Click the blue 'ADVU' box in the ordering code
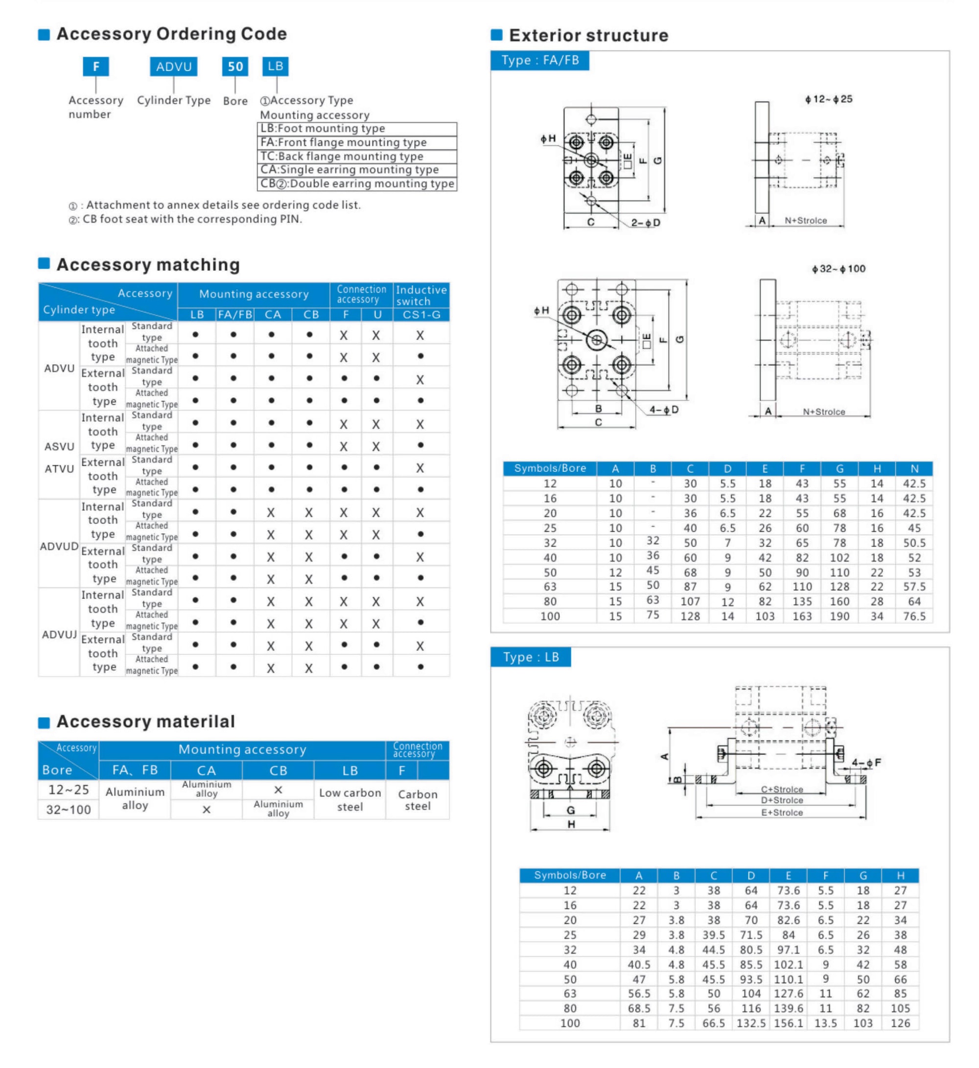pyautogui.click(x=173, y=67)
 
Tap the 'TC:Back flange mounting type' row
pyautogui.click(x=356, y=156)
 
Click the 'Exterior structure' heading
pyautogui.click(x=588, y=36)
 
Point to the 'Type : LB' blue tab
pyautogui.click(x=530, y=657)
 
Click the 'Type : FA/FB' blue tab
pyautogui.click(x=540, y=60)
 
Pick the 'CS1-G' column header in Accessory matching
pyautogui.click(x=421, y=315)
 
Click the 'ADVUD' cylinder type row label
pyautogui.click(x=59, y=546)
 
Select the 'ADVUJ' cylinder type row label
pyautogui.click(x=59, y=635)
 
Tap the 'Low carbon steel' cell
pyautogui.click(x=350, y=799)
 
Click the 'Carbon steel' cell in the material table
pyautogui.click(x=418, y=800)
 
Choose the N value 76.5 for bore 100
pyautogui.click(x=914, y=616)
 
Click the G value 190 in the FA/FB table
pyautogui.click(x=839, y=616)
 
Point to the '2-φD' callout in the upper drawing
pyautogui.click(x=645, y=223)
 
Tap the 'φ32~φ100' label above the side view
pyautogui.click(x=838, y=269)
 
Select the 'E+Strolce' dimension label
pyautogui.click(x=781, y=813)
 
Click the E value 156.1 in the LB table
pyautogui.click(x=788, y=1023)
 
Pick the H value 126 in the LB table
pyautogui.click(x=900, y=1023)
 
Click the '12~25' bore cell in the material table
pyautogui.click(x=69, y=790)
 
